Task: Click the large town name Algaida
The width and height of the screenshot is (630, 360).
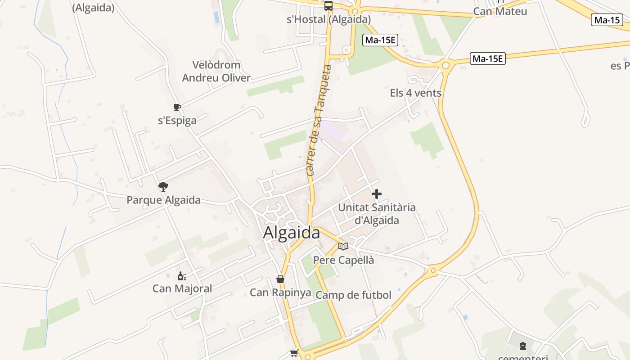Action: click(x=292, y=233)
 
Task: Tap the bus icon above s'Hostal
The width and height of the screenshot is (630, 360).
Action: click(x=328, y=6)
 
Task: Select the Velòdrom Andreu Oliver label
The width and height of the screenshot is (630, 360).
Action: click(x=216, y=72)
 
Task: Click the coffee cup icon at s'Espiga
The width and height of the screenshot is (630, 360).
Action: click(x=177, y=107)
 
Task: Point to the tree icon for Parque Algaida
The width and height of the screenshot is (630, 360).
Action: click(x=163, y=186)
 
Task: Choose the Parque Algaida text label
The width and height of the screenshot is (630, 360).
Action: click(x=163, y=200)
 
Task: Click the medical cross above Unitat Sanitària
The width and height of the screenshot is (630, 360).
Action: click(x=377, y=194)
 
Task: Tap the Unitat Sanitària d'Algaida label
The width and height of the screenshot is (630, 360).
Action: click(x=377, y=214)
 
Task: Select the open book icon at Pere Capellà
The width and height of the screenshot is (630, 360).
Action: click(x=343, y=246)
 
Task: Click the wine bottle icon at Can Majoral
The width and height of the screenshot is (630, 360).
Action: click(x=182, y=276)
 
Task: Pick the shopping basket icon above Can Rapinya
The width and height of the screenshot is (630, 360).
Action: click(x=280, y=279)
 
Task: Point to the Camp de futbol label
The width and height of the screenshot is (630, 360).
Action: click(x=354, y=295)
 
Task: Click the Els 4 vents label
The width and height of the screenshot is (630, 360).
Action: click(x=415, y=93)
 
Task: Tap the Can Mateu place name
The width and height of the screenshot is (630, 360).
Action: click(x=500, y=11)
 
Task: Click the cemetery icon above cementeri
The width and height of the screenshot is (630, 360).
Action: click(x=523, y=346)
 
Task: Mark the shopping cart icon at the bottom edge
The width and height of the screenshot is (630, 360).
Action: click(x=294, y=353)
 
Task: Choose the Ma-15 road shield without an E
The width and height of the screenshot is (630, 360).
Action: click(x=607, y=20)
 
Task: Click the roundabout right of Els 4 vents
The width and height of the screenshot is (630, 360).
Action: click(x=445, y=66)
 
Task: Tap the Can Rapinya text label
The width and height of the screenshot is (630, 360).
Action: click(x=280, y=292)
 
